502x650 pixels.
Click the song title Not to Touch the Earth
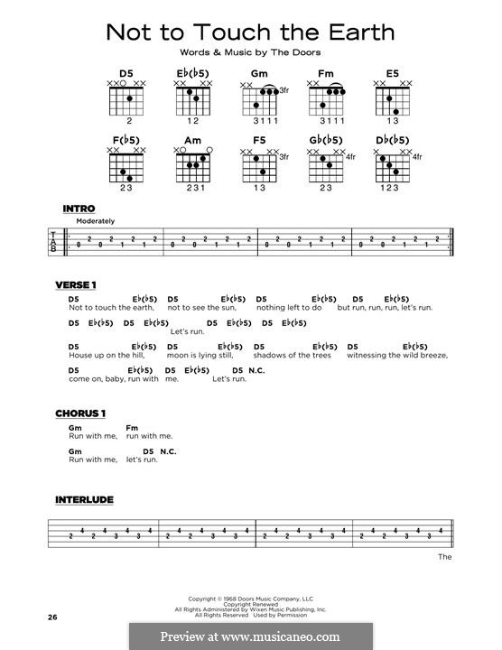[x=250, y=32]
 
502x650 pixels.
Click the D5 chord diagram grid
[x=125, y=99]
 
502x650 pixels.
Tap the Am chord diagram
[x=193, y=167]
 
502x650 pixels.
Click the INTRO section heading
[x=79, y=209]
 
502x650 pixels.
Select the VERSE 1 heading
[x=76, y=285]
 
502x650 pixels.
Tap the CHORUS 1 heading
[x=80, y=413]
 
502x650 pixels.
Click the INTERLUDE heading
[x=85, y=499]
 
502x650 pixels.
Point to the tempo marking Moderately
[x=96, y=221]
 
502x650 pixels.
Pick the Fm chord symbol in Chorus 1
[x=132, y=426]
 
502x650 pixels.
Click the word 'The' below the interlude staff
[x=444, y=557]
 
